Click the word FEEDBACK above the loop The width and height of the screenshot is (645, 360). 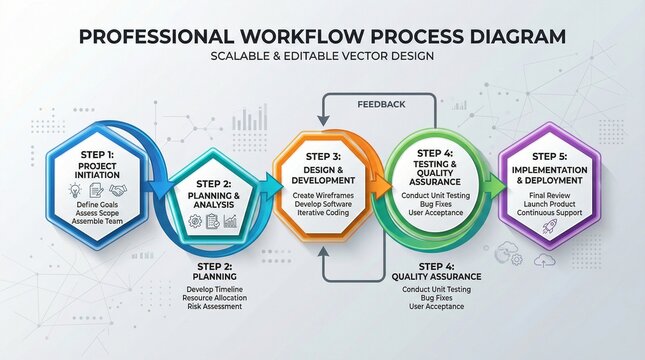[381, 103]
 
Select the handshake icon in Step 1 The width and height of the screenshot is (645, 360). [118, 189]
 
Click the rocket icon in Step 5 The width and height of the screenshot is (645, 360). [551, 228]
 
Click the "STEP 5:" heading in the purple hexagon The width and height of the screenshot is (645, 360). [551, 156]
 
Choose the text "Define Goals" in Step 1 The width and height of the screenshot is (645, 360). [96, 205]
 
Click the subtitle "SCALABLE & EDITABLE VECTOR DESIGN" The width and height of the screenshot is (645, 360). [321, 57]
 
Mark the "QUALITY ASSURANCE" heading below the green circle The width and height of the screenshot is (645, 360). [436, 276]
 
